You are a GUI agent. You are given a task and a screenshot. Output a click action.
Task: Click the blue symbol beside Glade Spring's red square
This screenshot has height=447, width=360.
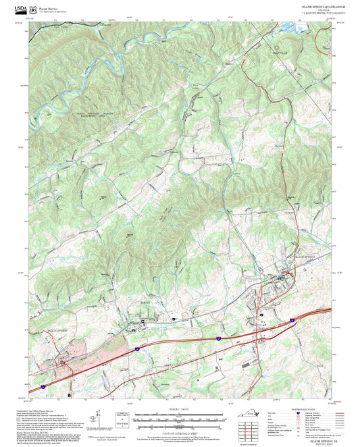point(281,277)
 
